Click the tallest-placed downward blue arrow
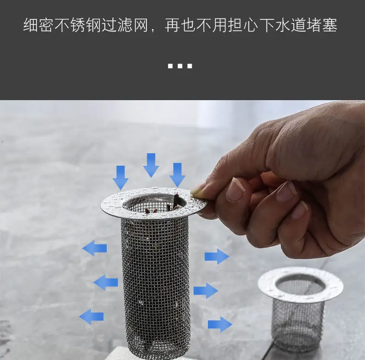(x=151, y=165)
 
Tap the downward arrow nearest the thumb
(x=177, y=174)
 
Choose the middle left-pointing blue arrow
(x=105, y=282)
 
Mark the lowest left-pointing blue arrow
(x=91, y=317)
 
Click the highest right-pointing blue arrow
(x=217, y=256)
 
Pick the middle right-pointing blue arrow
(x=206, y=290)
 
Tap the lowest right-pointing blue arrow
(x=220, y=324)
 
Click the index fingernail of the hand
(x=236, y=189)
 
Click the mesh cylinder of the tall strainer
(x=155, y=277)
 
